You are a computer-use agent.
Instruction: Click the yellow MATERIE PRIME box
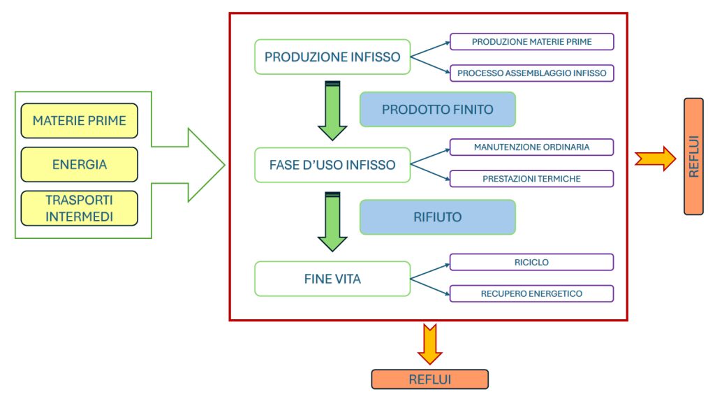pyautogui.click(x=80, y=121)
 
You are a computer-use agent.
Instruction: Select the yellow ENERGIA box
pyautogui.click(x=80, y=165)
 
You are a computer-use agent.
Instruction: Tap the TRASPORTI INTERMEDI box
pyautogui.click(x=80, y=208)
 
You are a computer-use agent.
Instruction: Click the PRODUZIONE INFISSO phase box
pyautogui.click(x=332, y=57)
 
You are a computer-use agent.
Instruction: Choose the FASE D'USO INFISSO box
pyautogui.click(x=332, y=165)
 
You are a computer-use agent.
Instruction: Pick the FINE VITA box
pyautogui.click(x=332, y=279)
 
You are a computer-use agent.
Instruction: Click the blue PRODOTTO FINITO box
pyautogui.click(x=438, y=110)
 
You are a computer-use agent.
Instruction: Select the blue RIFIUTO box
pyautogui.click(x=438, y=217)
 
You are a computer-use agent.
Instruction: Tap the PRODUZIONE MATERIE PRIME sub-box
pyautogui.click(x=531, y=41)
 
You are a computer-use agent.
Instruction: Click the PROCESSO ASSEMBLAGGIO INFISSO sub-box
pyautogui.click(x=531, y=73)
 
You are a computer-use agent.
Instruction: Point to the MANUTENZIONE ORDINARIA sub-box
pyautogui.click(x=531, y=147)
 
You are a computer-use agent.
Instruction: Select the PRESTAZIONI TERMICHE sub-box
pyautogui.click(x=531, y=179)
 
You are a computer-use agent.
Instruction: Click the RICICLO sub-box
pyautogui.click(x=531, y=262)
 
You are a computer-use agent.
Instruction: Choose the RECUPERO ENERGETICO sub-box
pyautogui.click(x=531, y=293)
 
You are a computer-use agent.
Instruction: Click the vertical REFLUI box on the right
pyautogui.click(x=693, y=156)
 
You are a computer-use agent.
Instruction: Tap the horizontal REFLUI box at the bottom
pyautogui.click(x=430, y=379)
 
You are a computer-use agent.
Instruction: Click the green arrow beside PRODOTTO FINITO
pyautogui.click(x=332, y=111)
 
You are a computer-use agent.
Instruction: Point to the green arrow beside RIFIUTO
pyautogui.click(x=332, y=222)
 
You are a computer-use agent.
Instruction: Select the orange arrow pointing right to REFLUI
pyautogui.click(x=656, y=159)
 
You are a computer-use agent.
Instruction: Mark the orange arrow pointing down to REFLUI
pyautogui.click(x=430, y=344)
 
